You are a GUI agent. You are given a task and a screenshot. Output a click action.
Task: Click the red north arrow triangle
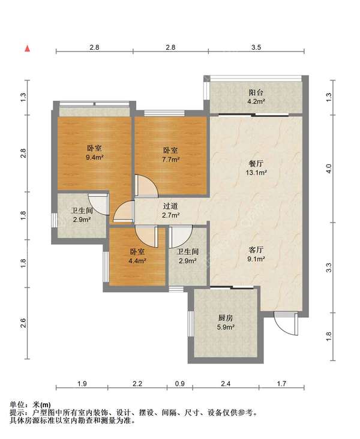28,49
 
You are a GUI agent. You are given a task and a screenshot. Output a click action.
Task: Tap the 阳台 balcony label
256,92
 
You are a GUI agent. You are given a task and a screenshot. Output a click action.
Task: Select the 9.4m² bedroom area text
95,157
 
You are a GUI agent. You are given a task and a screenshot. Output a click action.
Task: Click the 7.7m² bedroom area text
170,160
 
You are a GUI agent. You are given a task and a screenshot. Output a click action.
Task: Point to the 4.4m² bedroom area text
137,261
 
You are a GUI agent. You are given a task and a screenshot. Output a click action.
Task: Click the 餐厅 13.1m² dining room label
256,167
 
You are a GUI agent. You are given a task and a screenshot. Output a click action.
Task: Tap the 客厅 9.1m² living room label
256,254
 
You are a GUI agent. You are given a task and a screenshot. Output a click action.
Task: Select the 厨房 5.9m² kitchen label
226,322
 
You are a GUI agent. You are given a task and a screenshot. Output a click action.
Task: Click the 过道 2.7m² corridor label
170,211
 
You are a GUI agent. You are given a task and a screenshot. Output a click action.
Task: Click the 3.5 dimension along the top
256,47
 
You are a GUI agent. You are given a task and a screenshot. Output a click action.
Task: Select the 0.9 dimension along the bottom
179,383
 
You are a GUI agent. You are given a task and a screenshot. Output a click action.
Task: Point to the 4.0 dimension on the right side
329,169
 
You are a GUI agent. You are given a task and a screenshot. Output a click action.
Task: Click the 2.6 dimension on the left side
23,323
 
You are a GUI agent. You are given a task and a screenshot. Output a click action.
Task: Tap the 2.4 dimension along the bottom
226,383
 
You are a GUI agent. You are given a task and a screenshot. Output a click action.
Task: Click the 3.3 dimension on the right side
329,267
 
